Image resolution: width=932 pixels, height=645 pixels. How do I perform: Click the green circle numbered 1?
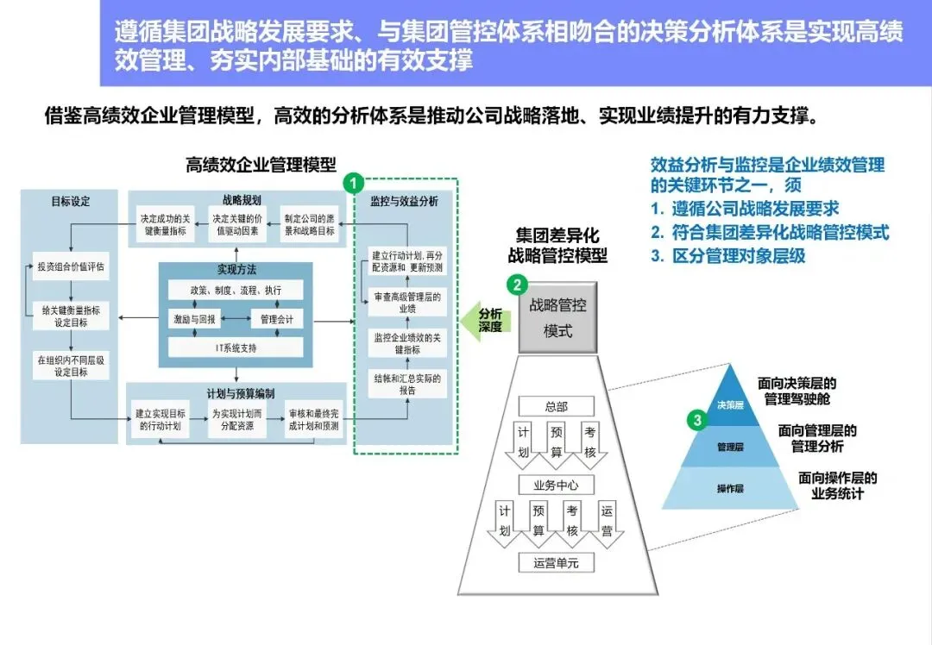(x=353, y=183)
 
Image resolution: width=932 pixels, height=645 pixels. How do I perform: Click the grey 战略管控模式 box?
(x=557, y=317)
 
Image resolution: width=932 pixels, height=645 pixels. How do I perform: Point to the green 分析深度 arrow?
(x=484, y=320)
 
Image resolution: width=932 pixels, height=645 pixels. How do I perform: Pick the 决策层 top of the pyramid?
(x=730, y=404)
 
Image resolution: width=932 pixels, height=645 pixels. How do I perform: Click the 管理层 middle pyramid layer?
(x=730, y=448)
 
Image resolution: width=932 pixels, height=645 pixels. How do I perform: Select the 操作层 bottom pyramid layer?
(x=730, y=488)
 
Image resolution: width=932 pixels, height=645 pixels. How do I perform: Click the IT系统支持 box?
(x=236, y=348)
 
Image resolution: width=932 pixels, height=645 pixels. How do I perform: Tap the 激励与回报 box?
(x=194, y=319)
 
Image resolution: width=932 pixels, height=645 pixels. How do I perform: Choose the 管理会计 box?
(x=277, y=319)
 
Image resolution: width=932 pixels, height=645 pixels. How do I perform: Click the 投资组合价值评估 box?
(x=70, y=266)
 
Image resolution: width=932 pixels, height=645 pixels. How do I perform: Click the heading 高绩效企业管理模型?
(x=261, y=165)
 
